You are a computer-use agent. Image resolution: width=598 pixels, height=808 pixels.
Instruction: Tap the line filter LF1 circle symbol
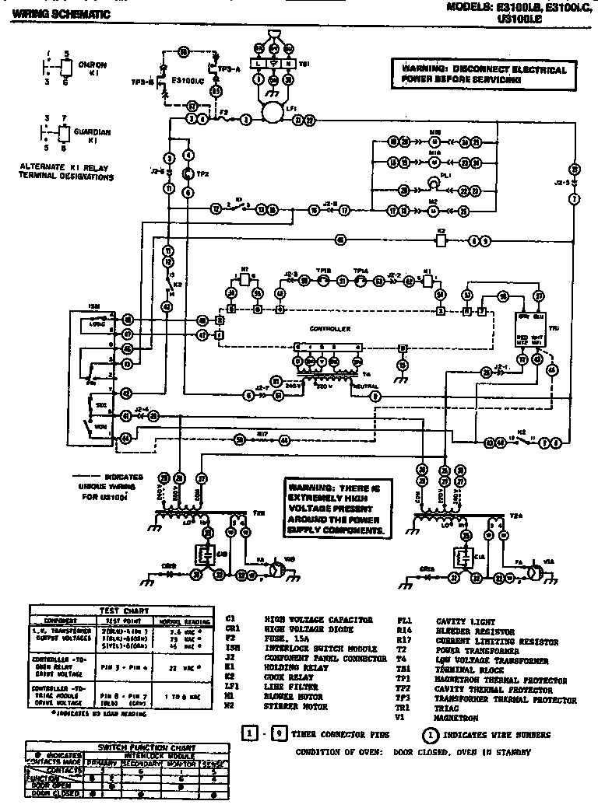click(x=273, y=114)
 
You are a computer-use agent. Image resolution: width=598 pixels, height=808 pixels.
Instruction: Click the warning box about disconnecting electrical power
click(x=484, y=75)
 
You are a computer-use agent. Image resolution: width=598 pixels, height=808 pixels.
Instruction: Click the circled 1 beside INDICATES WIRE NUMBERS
click(x=427, y=734)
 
